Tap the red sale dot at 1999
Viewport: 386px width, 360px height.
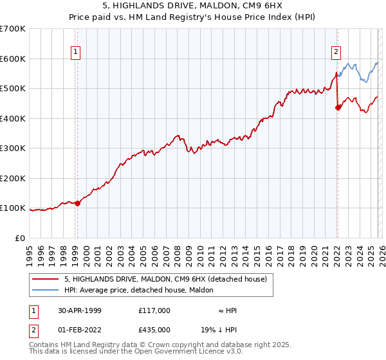coord(77,203)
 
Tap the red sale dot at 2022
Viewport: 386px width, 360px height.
coord(338,108)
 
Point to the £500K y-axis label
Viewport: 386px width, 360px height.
coord(13,88)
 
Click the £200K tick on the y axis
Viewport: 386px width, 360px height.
coord(13,178)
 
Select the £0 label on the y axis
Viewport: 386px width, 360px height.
coord(19,238)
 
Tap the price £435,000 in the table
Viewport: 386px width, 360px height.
coord(154,328)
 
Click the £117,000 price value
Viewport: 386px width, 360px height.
coord(154,310)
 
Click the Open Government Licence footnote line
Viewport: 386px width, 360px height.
coord(136,352)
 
